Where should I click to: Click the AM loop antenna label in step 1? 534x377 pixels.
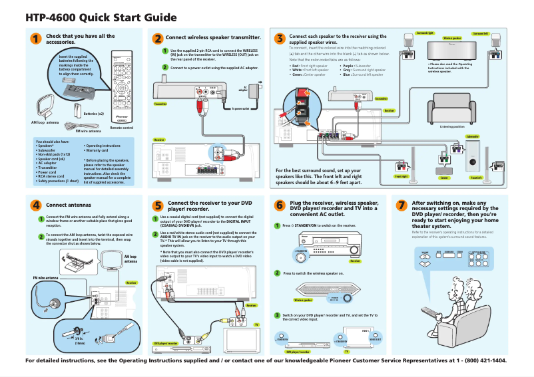pos(45,123)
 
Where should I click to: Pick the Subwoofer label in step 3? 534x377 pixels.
pos(473,135)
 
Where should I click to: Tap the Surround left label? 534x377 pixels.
pos(480,33)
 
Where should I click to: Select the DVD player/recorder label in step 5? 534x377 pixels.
pos(166,343)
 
